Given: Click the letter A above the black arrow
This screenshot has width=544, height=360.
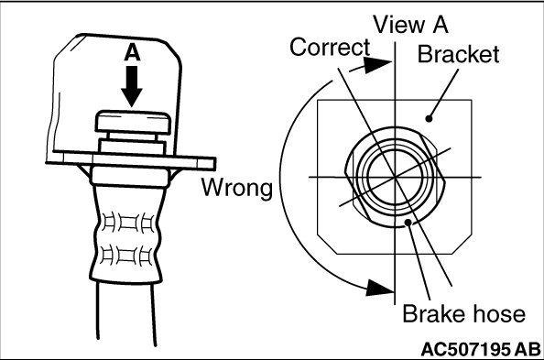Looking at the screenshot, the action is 132,53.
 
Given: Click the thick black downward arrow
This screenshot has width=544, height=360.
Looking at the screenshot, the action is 132,86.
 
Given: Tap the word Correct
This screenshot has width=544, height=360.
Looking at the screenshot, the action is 330,48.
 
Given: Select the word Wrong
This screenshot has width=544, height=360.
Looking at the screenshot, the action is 237,188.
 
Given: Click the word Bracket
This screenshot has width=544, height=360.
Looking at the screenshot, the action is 458,54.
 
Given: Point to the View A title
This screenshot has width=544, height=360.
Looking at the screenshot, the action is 410,25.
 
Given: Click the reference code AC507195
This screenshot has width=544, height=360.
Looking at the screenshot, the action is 465,349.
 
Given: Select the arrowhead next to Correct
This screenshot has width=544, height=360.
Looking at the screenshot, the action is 377,64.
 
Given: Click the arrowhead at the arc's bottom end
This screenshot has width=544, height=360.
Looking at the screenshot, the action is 380,288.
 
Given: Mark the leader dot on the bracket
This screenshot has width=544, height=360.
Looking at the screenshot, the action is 430,119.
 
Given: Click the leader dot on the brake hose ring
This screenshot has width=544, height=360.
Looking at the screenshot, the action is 408,222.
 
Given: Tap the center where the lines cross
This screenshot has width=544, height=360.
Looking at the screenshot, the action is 395,178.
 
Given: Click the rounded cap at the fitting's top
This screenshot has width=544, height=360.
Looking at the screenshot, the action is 133,122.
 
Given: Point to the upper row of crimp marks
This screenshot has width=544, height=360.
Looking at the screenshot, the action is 127,223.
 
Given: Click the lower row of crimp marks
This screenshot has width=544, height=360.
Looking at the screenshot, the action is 126,256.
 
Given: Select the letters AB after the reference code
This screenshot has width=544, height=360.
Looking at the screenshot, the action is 527,349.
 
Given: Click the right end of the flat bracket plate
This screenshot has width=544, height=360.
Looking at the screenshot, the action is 214,163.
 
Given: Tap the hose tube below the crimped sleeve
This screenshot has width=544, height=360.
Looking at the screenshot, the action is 126,312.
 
